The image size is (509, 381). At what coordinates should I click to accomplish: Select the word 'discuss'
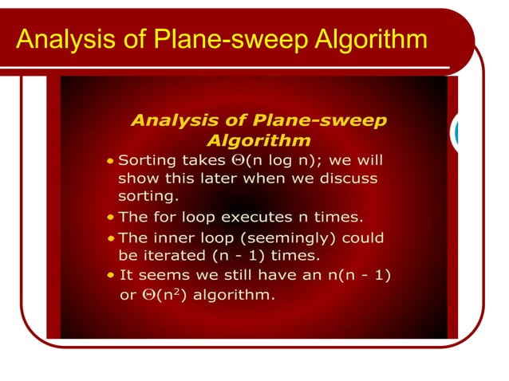[345, 178]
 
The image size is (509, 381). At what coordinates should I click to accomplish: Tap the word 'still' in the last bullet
[234, 275]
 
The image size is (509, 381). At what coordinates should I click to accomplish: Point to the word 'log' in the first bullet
[274, 160]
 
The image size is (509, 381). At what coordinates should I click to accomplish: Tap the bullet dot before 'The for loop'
[110, 217]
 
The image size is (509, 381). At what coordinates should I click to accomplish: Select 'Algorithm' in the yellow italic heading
[258, 140]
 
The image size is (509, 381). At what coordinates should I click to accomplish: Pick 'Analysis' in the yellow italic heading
[175, 121]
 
